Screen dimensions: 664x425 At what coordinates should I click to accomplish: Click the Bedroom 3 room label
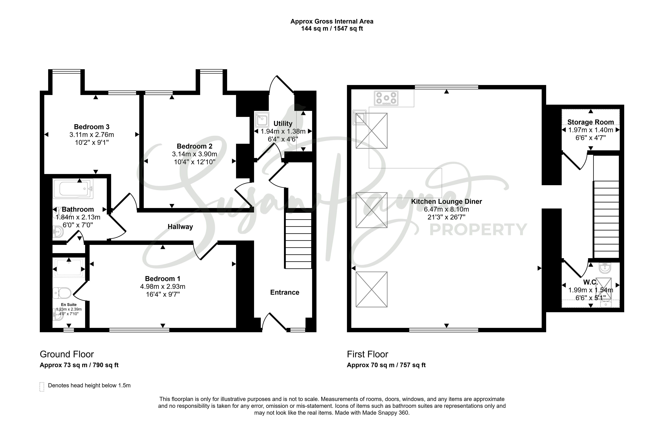[x=92, y=127]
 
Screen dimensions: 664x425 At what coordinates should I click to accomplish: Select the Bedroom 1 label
[x=163, y=279]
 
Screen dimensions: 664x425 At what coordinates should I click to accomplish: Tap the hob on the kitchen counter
[x=386, y=98]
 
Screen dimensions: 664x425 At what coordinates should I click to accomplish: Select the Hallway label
[x=180, y=227]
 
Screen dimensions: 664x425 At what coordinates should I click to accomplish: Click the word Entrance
[x=285, y=293]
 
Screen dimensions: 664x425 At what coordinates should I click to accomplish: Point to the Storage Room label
[x=591, y=122]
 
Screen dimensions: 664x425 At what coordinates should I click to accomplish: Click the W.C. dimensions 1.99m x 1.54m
[x=591, y=290]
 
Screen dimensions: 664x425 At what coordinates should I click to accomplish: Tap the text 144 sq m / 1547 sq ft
[x=332, y=28]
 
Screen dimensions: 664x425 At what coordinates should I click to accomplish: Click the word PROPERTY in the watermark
[x=478, y=230]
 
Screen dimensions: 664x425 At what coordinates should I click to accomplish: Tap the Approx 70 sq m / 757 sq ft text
[x=386, y=365]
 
